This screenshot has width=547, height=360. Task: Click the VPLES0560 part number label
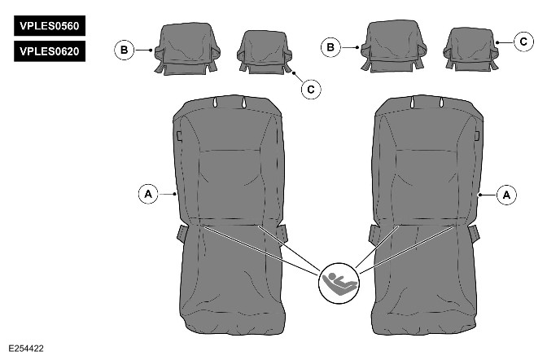50,25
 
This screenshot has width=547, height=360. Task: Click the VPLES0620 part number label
50,51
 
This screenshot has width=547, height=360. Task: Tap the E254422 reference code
26,349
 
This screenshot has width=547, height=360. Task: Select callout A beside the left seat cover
148,194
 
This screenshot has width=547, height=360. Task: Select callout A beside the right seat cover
506,195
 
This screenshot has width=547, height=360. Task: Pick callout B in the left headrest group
125,50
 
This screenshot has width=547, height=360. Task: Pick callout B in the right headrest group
330,47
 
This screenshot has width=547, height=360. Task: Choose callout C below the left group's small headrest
311,89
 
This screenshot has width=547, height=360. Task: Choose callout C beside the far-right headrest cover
523,42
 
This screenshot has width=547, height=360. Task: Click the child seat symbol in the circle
339,283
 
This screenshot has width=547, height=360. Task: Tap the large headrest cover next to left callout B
188,49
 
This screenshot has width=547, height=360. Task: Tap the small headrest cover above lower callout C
265,51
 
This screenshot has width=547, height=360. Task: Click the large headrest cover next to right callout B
394,46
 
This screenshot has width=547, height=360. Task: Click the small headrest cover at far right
470,49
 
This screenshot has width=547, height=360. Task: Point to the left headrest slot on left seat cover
215,103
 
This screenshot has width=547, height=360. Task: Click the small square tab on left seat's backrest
179,136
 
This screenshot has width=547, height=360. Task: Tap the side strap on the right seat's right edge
474,234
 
